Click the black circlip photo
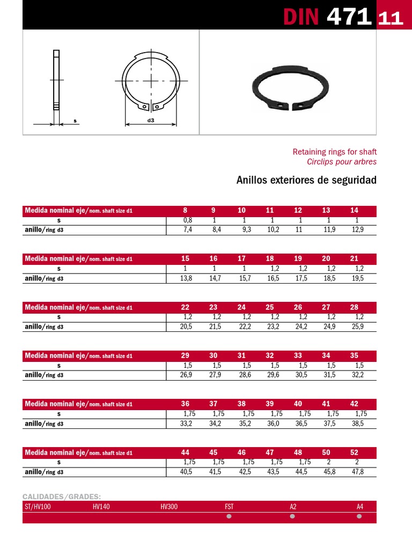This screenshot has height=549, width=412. [290, 89]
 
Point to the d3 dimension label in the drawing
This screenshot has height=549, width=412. [151, 121]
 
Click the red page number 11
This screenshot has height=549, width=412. [391, 19]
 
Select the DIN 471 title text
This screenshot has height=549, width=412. [327, 17]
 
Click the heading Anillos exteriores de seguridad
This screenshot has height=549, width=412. [306, 180]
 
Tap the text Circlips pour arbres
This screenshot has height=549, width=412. [342, 161]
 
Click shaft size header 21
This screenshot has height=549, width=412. [354, 259]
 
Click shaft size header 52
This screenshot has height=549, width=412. [354, 452]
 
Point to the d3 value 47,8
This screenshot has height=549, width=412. [357, 472]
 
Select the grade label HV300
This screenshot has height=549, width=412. [168, 506]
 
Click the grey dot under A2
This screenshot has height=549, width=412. [292, 517]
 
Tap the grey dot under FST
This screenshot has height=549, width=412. [229, 517]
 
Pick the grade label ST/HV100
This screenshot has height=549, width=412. [38, 506]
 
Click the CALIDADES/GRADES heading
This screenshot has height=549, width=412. [62, 496]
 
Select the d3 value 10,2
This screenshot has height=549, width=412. [273, 229]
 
